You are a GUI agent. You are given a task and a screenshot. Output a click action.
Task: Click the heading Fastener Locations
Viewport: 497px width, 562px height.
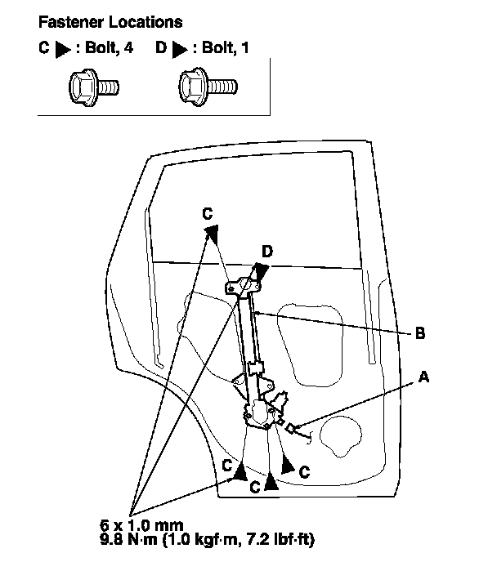110,21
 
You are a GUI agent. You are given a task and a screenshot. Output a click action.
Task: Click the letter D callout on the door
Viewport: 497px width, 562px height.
266,252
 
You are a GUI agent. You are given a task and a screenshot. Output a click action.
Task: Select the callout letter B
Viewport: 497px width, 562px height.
419,333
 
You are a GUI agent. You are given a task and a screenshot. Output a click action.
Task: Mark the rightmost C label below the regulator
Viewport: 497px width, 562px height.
304,471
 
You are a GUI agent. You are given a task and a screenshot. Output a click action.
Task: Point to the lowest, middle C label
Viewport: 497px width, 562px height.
256,487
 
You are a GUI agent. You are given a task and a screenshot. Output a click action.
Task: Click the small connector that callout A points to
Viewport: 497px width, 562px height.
293,426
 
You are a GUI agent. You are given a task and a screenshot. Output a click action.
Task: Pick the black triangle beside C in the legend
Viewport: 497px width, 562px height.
62,49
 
